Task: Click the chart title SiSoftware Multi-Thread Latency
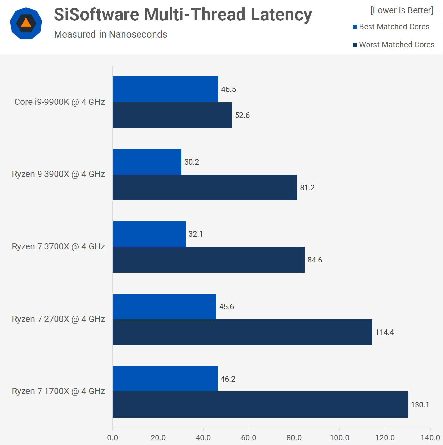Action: click(183, 15)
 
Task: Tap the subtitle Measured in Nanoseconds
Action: click(110, 34)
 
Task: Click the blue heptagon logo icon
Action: click(26, 23)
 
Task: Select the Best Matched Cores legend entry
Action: click(391, 27)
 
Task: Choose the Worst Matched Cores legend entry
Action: click(393, 45)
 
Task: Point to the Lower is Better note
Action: click(402, 10)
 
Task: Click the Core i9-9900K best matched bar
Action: click(165, 89)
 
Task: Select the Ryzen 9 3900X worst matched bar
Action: click(205, 188)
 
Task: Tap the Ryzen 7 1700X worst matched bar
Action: click(260, 405)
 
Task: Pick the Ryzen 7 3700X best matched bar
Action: click(149, 234)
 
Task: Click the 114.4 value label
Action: click(385, 332)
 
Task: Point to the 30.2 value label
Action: click(191, 162)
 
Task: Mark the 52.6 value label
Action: click(242, 115)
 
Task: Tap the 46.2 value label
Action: click(228, 379)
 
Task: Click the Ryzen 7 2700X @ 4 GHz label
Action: click(58, 319)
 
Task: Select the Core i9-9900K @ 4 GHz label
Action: click(59, 102)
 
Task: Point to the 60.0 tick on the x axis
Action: click(249, 438)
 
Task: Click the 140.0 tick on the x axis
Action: click(430, 438)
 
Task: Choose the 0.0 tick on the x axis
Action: click(113, 438)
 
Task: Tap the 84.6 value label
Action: click(315, 260)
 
